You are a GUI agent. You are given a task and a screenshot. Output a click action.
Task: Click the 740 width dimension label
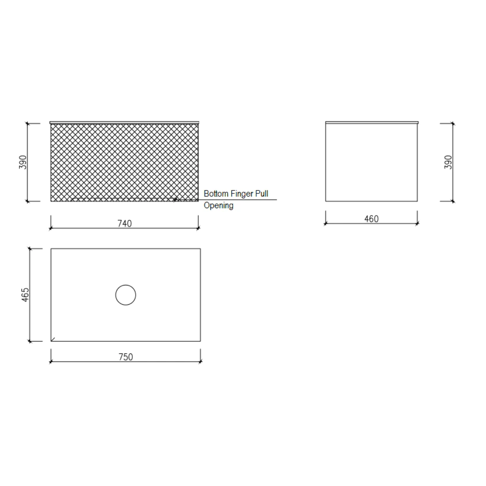(125, 223)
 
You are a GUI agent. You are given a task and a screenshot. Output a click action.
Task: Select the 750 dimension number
(126, 357)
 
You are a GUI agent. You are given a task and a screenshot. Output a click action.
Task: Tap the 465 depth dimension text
(25, 295)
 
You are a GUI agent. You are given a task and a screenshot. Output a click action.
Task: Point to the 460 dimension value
(371, 219)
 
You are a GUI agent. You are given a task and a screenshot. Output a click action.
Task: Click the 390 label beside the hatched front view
(23, 162)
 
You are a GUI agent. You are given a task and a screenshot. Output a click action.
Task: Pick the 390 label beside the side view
(448, 162)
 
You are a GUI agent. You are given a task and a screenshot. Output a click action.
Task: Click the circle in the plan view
(126, 295)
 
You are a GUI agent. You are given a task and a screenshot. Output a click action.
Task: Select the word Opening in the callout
(219, 206)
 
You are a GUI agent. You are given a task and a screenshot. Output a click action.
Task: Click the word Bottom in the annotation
(216, 194)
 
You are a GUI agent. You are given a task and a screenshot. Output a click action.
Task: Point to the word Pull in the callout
(261, 194)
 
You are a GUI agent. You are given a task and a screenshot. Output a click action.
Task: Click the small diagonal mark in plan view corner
(53, 339)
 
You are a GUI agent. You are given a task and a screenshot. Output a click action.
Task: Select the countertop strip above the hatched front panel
(124, 122)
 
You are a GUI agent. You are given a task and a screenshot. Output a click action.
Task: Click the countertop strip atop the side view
(372, 122)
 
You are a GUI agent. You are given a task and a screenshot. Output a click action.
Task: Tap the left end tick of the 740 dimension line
(51, 228)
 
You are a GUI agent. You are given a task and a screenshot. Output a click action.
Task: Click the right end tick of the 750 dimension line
(200, 362)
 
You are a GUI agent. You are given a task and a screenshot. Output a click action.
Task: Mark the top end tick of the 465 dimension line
(30, 248)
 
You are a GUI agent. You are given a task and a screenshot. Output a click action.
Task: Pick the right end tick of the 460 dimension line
(417, 224)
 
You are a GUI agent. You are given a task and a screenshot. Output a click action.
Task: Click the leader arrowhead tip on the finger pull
(175, 199)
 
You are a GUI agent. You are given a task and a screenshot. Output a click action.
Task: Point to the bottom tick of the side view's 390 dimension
(453, 201)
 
